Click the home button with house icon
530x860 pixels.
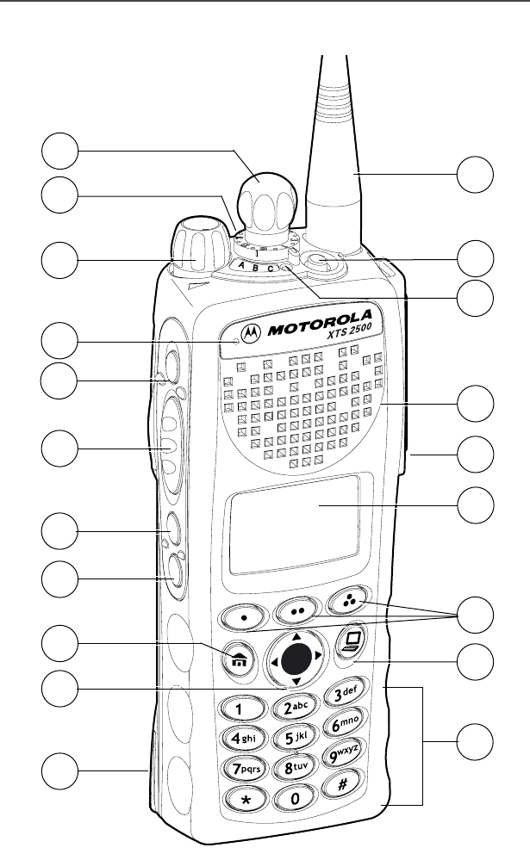[x=237, y=654]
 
